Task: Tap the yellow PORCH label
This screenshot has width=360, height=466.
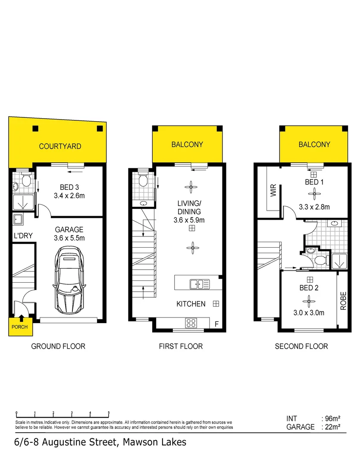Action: click(x=19, y=327)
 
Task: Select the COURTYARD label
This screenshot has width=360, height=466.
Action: click(x=60, y=146)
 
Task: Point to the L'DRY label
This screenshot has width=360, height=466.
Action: click(x=21, y=236)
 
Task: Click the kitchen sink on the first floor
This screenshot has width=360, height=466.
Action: click(x=199, y=283)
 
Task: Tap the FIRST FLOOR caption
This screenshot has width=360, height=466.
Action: click(x=181, y=346)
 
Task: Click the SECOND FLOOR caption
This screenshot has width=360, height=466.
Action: click(x=301, y=346)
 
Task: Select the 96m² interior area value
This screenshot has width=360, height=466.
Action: click(x=332, y=419)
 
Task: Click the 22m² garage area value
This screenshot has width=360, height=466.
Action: click(x=332, y=427)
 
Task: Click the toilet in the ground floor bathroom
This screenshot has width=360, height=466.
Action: click(x=26, y=180)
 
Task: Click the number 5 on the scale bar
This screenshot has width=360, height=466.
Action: click(x=109, y=413)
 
